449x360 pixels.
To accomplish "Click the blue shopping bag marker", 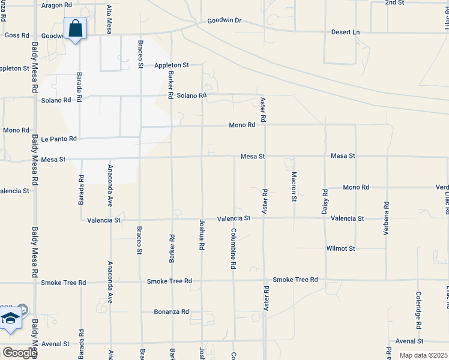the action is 75,29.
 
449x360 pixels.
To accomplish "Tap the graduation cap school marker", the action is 10,319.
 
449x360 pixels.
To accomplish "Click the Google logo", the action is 19,353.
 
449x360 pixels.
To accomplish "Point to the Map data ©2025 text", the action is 423,355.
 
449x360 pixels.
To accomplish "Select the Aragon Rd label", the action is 57,5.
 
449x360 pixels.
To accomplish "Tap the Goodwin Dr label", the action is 224,20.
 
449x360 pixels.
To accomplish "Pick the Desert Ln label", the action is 345,32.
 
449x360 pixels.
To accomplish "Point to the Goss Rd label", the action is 17,35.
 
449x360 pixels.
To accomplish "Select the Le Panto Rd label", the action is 59,139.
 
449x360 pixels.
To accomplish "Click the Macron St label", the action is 294,186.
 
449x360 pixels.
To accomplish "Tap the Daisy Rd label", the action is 325,202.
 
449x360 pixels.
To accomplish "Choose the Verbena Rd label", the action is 386,217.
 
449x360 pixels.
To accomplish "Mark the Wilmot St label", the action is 340,248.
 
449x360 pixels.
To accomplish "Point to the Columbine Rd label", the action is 233,248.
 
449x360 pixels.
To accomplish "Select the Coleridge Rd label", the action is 418,310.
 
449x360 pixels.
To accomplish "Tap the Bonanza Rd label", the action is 172,312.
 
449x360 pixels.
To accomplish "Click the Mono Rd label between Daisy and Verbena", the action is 356,188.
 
